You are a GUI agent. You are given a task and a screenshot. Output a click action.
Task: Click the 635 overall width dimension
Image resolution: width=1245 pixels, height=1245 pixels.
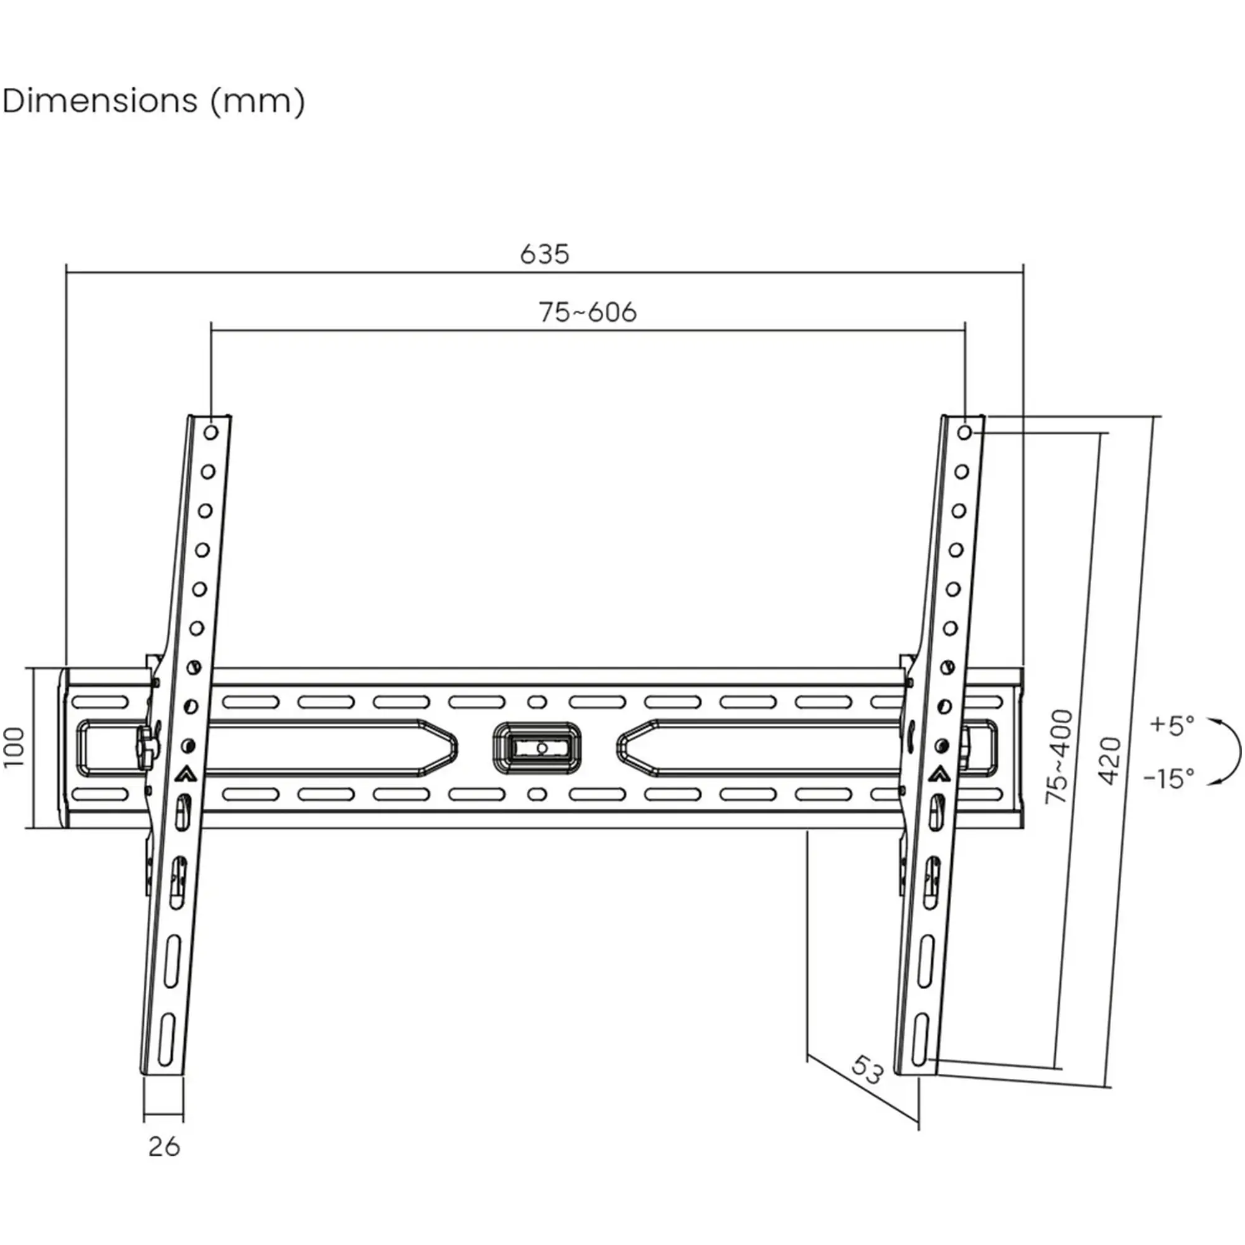pyautogui.click(x=545, y=254)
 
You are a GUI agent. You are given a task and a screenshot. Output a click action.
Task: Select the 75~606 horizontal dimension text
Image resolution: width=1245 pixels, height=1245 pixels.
pyautogui.click(x=587, y=312)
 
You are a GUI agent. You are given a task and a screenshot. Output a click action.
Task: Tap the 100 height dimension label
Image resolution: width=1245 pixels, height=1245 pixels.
pyautogui.click(x=14, y=747)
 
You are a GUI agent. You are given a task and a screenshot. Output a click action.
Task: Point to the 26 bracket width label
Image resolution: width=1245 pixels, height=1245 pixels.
pyautogui.click(x=164, y=1147)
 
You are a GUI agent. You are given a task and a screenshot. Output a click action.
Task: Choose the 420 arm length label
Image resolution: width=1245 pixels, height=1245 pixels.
pyautogui.click(x=1109, y=761)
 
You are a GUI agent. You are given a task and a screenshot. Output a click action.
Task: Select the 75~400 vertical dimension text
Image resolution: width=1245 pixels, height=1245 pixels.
pyautogui.click(x=1059, y=756)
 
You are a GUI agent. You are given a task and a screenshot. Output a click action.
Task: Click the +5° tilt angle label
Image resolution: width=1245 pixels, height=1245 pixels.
pyautogui.click(x=1172, y=725)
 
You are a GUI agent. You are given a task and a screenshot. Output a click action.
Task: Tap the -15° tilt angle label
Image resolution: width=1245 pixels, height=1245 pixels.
pyautogui.click(x=1169, y=779)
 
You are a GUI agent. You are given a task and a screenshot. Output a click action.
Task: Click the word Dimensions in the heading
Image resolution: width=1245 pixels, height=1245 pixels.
pyautogui.click(x=100, y=101)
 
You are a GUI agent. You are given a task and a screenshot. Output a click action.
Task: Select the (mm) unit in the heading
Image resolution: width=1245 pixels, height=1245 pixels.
pyautogui.click(x=258, y=102)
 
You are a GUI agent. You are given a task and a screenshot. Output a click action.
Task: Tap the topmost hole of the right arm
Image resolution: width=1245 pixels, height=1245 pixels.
pyautogui.click(x=964, y=433)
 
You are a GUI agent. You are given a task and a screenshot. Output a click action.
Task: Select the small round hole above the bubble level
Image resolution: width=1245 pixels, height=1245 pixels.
pyautogui.click(x=536, y=702)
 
